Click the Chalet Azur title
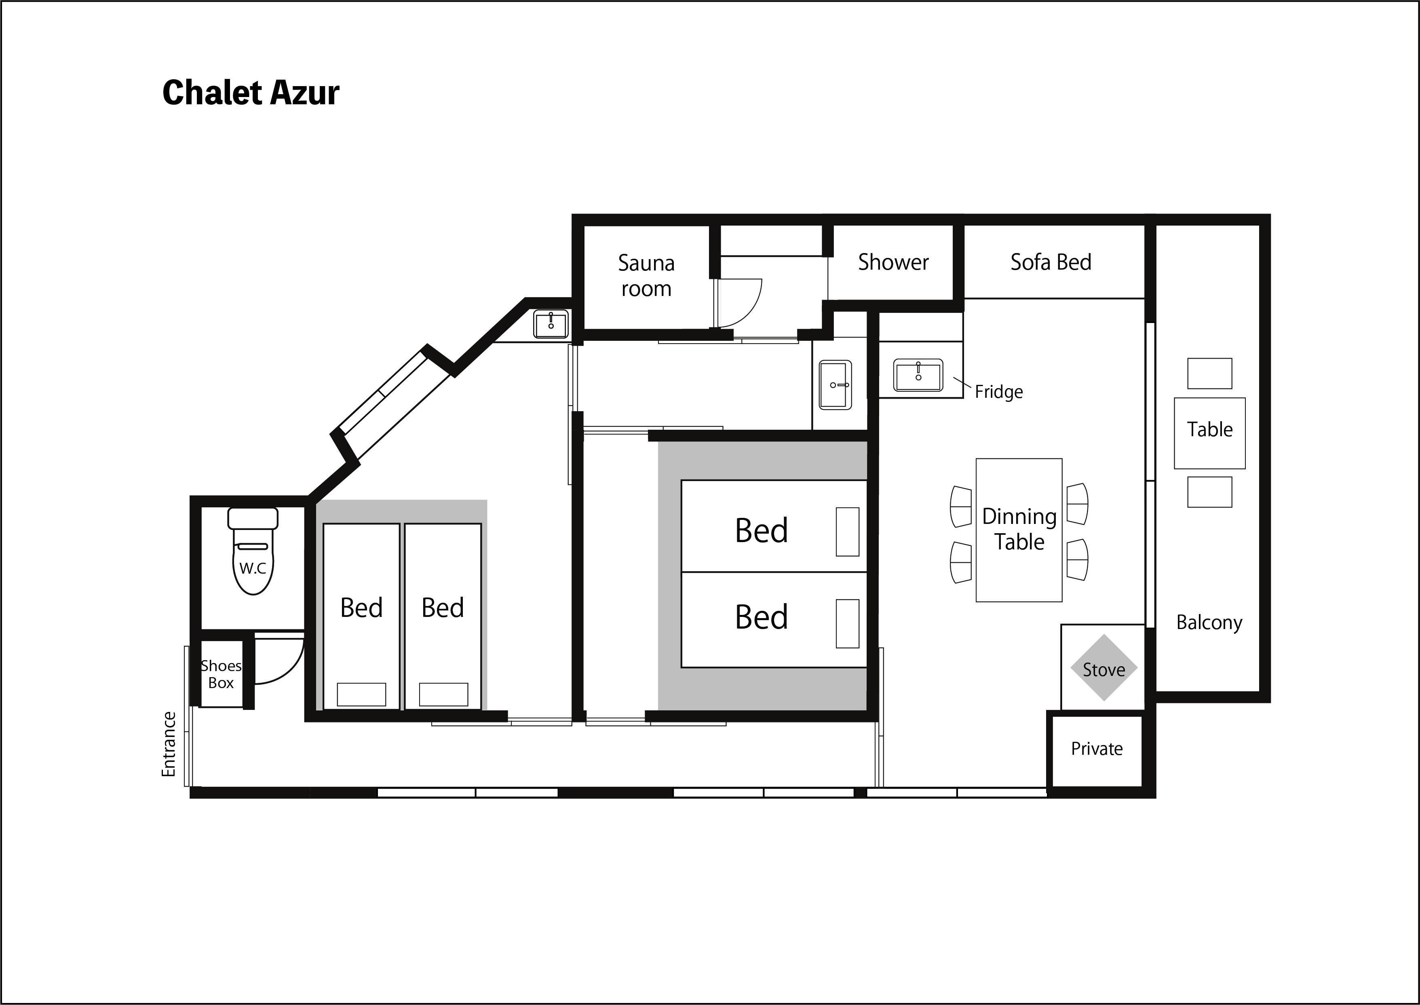(x=251, y=93)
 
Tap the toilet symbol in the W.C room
(x=253, y=551)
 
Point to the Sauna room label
(x=646, y=275)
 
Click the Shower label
(x=893, y=262)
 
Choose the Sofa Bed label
(x=1051, y=262)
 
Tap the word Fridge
(x=999, y=392)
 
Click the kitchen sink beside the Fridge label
(x=918, y=376)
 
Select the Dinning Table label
(x=1019, y=529)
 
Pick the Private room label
(x=1096, y=749)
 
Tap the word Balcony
(x=1209, y=622)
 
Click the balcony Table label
(x=1210, y=429)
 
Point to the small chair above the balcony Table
(x=1210, y=373)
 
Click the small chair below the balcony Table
(x=1210, y=492)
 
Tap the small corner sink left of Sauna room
(x=551, y=324)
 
